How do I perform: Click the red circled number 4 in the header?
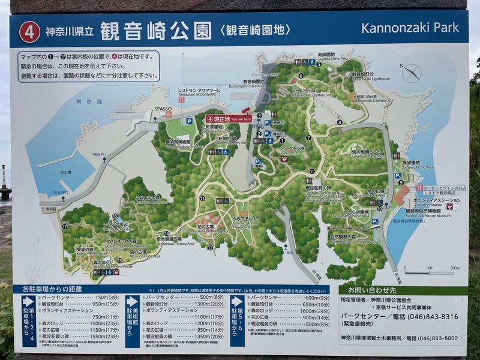coord(29,31)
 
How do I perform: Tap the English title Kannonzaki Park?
coord(410,28)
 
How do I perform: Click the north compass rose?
coord(412,73)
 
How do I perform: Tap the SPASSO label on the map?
coord(164,109)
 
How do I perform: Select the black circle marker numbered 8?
coord(340,122)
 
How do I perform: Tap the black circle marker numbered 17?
coord(64,227)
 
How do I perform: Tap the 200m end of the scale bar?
coord(454,268)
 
